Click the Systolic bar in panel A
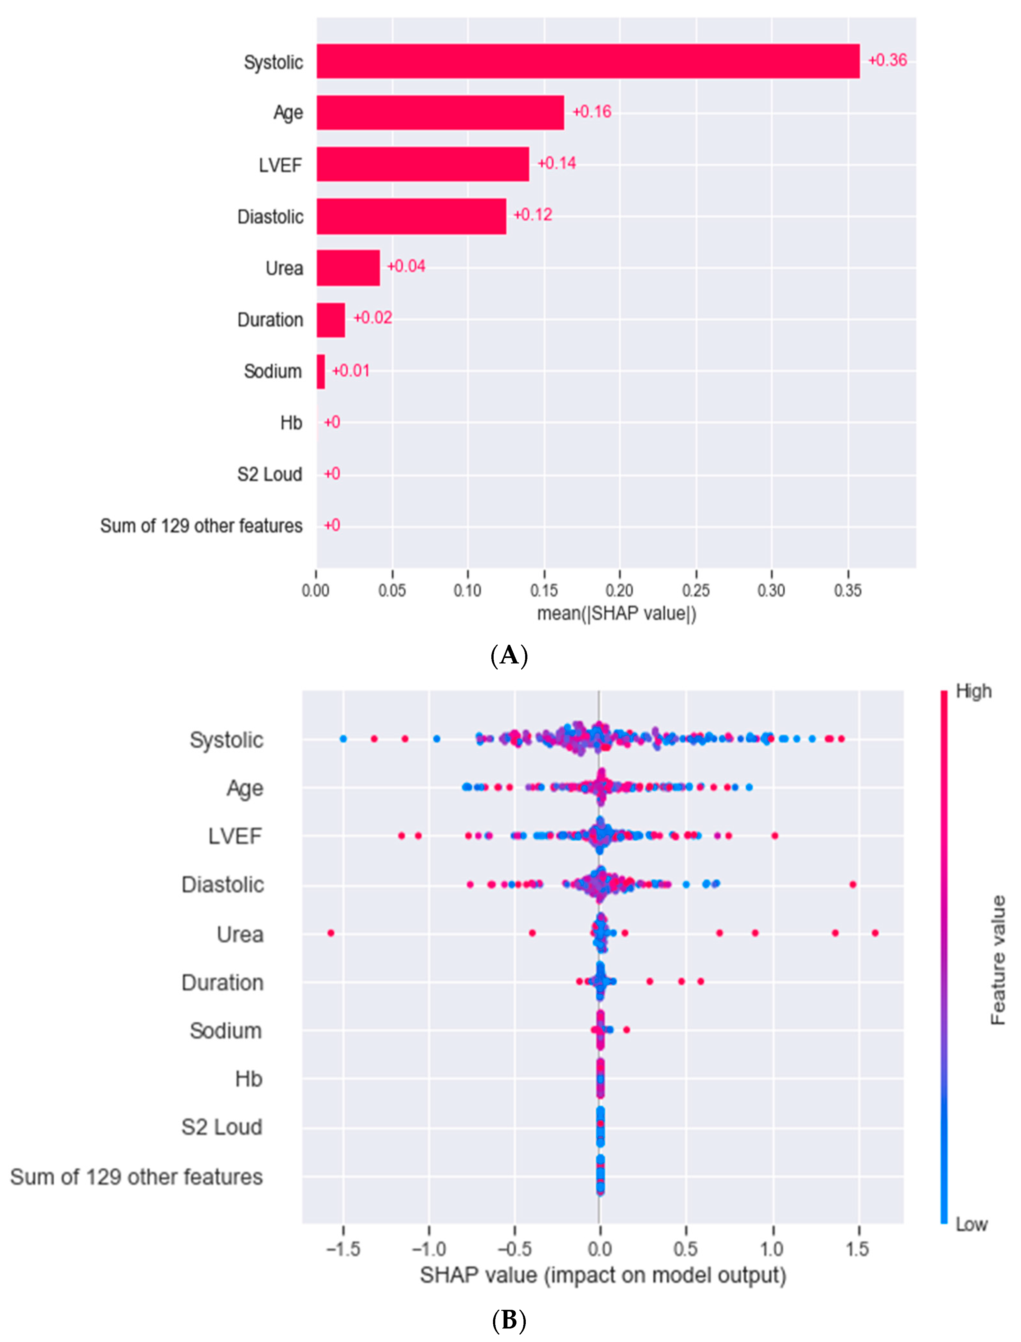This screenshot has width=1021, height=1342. click(588, 61)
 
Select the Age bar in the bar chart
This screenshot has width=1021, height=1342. click(440, 113)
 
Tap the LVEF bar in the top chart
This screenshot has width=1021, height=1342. click(422, 164)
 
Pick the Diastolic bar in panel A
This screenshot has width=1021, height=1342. click(411, 216)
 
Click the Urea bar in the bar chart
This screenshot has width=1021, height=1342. click(348, 268)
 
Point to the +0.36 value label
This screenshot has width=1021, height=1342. click(887, 60)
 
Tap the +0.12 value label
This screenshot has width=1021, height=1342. click(533, 215)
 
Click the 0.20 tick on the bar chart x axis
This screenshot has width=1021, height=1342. click(619, 590)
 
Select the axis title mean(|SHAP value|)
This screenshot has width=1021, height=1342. click(616, 614)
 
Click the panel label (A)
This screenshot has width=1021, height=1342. click(509, 655)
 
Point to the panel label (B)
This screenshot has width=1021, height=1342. click(509, 1320)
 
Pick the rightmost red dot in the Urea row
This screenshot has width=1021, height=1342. click(875, 933)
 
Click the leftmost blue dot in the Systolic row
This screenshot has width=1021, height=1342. click(343, 738)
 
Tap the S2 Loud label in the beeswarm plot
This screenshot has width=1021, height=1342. click(222, 1127)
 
